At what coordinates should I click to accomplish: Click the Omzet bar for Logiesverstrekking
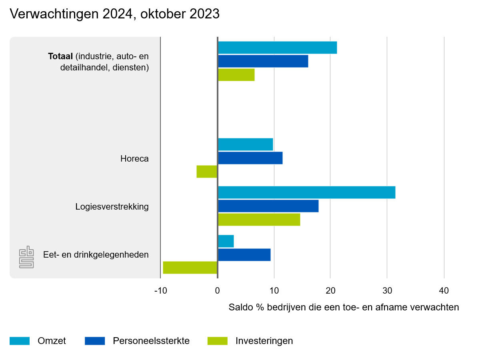tap(306, 192)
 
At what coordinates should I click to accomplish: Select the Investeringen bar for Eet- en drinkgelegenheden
tap(190, 268)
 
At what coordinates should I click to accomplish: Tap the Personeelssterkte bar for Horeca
tap(250, 158)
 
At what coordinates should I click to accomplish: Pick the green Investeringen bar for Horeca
tap(207, 172)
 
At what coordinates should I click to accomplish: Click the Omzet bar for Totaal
tap(277, 48)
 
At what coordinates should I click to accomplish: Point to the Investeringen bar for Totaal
tap(236, 75)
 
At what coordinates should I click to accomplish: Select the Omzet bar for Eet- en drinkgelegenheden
tap(226, 241)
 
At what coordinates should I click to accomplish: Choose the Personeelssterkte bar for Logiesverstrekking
tap(268, 206)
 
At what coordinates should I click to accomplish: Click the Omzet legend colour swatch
tap(20, 341)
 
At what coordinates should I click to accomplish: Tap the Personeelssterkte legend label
tap(151, 341)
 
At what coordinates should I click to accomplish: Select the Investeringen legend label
tap(264, 341)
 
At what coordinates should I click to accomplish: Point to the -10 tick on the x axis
tap(160, 290)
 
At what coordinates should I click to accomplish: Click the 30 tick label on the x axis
tap(387, 290)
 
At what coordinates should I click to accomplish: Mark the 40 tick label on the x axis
tap(444, 290)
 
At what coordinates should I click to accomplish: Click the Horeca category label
tap(134, 159)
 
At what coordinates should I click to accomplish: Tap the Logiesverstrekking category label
tap(112, 207)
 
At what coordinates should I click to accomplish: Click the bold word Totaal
tap(60, 56)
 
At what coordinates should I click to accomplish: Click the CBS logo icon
tap(26, 257)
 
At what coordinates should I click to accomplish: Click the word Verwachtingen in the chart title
tap(54, 14)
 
